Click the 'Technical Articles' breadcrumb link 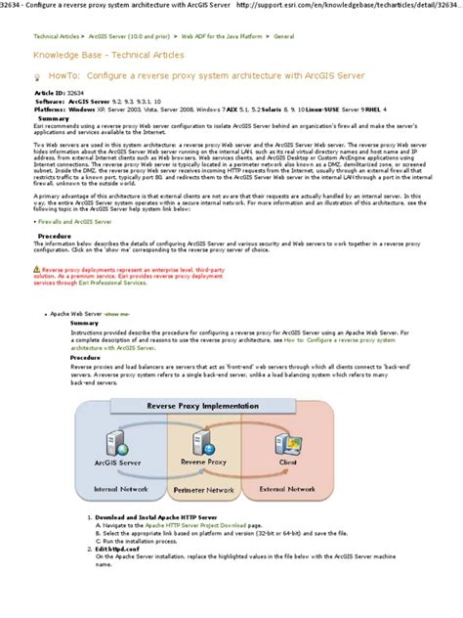(x=56, y=34)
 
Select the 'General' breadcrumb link (x=284, y=34)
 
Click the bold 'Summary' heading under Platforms (x=53, y=118)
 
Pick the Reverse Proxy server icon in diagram (x=204, y=438)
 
